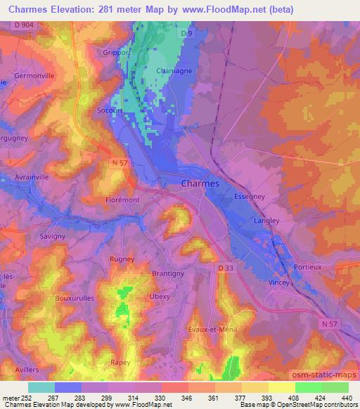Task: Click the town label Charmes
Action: pos(200,183)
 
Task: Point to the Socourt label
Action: pos(110,110)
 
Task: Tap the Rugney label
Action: pos(123,259)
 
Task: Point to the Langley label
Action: pos(266,221)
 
